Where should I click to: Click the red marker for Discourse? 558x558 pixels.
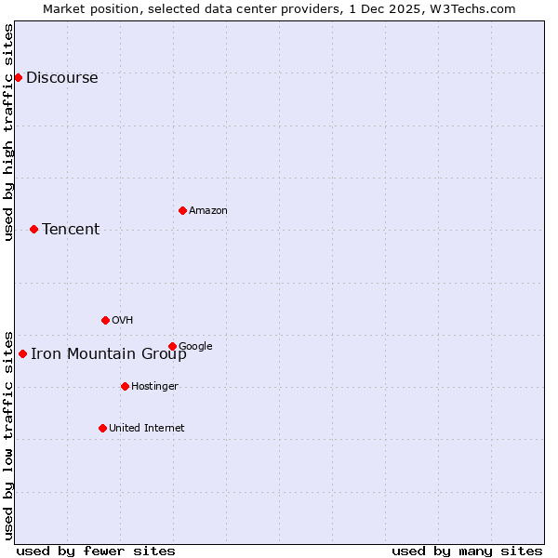pos(18,77)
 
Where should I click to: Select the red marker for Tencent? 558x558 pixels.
pos(33,229)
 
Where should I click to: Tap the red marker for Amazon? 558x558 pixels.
pos(182,210)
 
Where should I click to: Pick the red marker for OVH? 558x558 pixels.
pos(105,320)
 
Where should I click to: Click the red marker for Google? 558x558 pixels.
pos(172,346)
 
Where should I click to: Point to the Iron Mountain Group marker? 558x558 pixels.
pos(22,353)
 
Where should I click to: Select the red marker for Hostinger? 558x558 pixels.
pos(125,386)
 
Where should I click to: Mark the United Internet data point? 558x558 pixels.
pos(102,428)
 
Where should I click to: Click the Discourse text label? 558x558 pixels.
pos(62,78)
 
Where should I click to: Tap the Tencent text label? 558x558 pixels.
pos(71,230)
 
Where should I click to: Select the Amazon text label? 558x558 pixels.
pos(208,211)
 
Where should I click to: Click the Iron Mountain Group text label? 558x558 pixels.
pos(109,354)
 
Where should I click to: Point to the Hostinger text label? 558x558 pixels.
pos(154,387)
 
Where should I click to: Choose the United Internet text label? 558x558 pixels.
pos(147,429)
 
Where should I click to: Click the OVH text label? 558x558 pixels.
pos(122,321)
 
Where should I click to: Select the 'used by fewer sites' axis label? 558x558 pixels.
pos(96,551)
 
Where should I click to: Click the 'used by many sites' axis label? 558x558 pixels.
pos(467,551)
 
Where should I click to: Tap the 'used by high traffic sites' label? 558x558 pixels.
pos(8,132)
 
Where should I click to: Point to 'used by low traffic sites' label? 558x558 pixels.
pos(8,434)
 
